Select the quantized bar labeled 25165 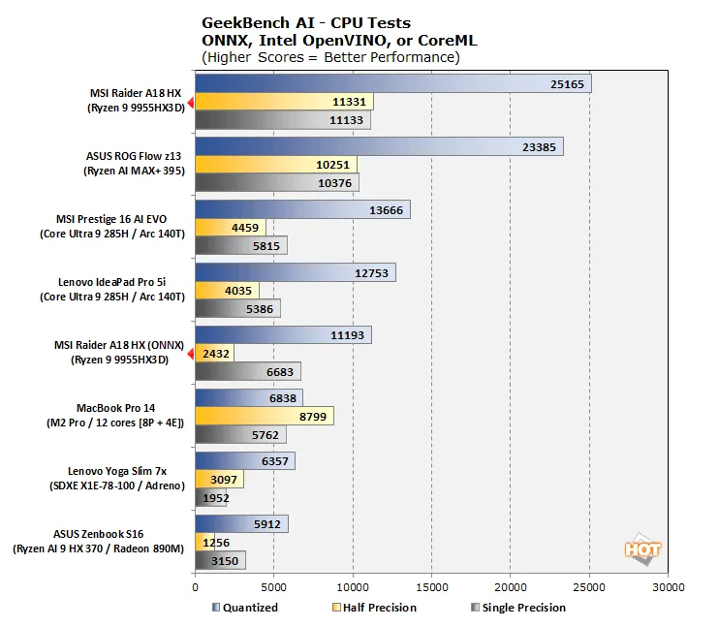(392, 84)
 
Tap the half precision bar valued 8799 (265, 416)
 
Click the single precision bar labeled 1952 (211, 498)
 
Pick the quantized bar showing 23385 (379, 146)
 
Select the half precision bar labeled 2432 (214, 353)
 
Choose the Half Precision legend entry (379, 608)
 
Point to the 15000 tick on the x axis (431, 586)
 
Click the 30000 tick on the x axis (668, 586)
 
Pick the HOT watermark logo (642, 549)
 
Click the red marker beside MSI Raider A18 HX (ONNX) (191, 354)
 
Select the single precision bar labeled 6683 (247, 371)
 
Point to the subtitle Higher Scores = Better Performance (329, 57)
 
